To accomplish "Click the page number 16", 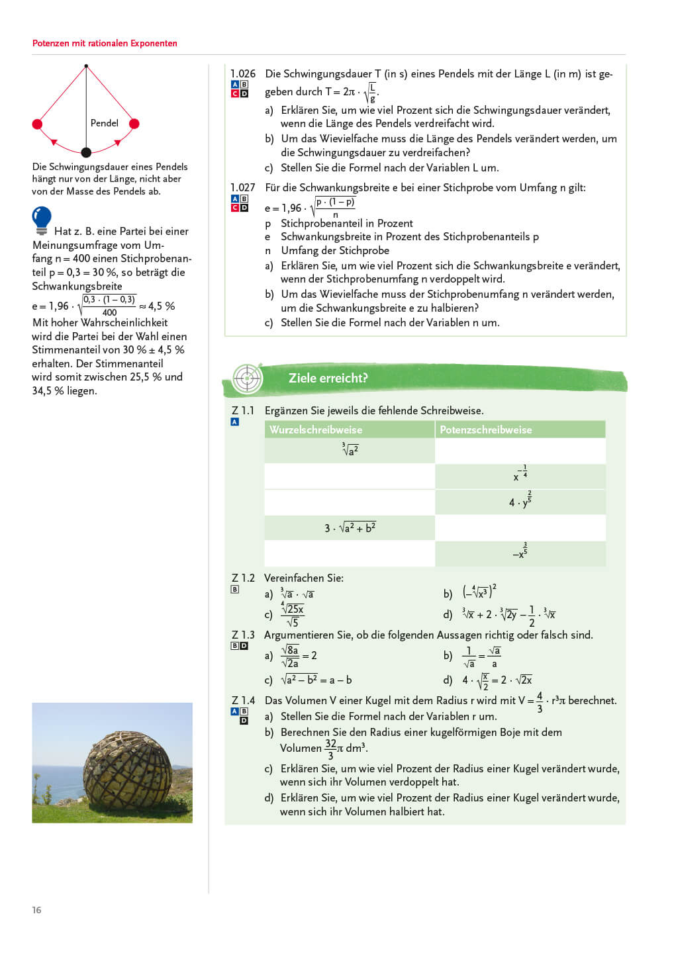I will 36,910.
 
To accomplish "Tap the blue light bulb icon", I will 42,219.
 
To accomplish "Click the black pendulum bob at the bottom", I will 86,152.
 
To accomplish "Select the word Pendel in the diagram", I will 104,123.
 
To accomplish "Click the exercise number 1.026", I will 242,73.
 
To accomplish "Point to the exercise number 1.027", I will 242,187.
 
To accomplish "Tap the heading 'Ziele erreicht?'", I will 328,378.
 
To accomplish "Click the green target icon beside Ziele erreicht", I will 248,379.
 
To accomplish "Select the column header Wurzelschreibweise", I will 316,430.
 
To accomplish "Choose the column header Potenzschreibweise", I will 485,430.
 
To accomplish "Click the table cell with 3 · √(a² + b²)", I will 350,527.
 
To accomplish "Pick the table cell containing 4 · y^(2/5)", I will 520,502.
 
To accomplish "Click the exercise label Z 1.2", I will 243,578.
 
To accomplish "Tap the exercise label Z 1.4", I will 243,700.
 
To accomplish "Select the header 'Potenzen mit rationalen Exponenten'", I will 105,44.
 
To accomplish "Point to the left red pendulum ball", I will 38,124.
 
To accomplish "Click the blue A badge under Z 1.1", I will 235,422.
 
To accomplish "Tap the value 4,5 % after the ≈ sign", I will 162,306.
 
